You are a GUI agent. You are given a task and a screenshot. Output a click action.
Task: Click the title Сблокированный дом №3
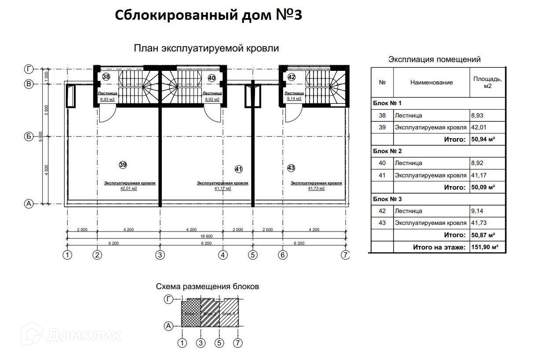click(x=208, y=15)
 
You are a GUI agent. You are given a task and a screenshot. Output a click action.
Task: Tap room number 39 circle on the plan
click(x=123, y=165)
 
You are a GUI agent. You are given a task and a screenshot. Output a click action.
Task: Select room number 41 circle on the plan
click(x=239, y=169)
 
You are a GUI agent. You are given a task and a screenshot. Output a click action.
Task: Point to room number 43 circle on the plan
click(x=291, y=168)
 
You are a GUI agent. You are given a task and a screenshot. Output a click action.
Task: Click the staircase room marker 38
click(x=106, y=77)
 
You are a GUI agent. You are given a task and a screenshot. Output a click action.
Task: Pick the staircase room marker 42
click(x=292, y=77)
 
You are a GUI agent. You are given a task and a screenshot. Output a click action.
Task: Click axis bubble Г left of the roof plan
click(x=29, y=69)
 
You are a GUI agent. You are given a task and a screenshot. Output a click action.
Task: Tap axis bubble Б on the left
click(x=29, y=136)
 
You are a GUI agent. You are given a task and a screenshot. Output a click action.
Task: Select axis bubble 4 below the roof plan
click(x=224, y=254)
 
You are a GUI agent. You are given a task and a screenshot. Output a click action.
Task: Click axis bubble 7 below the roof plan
click(x=346, y=254)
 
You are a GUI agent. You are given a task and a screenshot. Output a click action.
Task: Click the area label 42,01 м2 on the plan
click(x=129, y=188)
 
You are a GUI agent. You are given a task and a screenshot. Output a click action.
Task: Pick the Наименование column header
click(x=431, y=82)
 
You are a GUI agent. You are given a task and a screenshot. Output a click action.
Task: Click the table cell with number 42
click(x=382, y=211)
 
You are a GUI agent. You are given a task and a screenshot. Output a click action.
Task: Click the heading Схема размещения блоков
click(x=208, y=287)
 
